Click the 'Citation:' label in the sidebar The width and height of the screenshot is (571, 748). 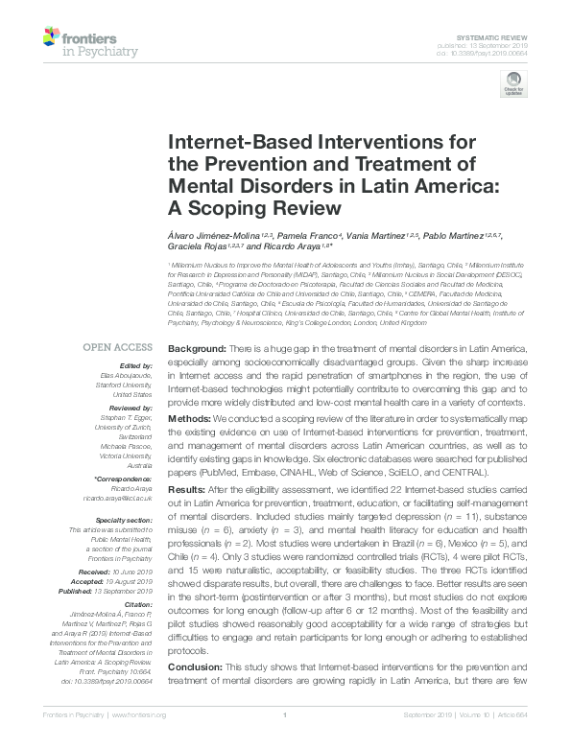pyautogui.click(x=136, y=604)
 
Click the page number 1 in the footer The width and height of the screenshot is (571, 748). pyautogui.click(x=285, y=714)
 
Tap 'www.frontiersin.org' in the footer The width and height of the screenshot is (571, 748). pyautogui.click(x=140, y=714)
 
